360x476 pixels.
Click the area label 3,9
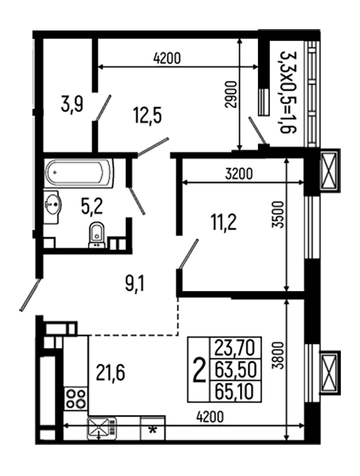[x=72, y=106]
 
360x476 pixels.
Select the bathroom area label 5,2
[x=92, y=206]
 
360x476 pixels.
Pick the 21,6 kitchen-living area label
[x=109, y=371]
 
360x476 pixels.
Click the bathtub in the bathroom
[x=79, y=173]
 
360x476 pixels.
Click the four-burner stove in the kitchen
[x=76, y=399]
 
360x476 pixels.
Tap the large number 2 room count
[x=200, y=368]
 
